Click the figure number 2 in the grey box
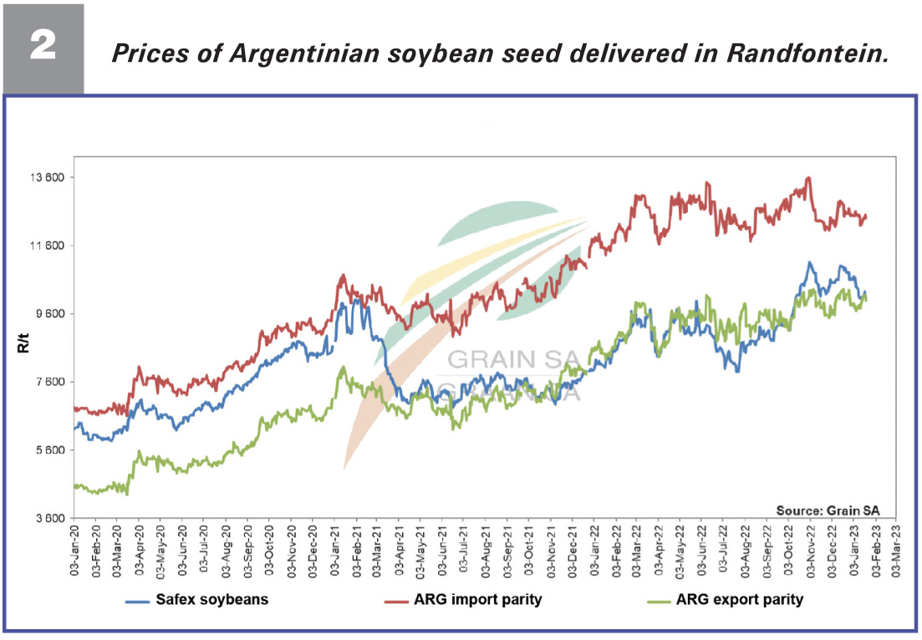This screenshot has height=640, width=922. pos(43,47)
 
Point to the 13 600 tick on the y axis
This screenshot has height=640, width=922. pos(48,177)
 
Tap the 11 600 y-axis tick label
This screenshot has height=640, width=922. pos(48,246)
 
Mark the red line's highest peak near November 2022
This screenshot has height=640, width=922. pos(807,177)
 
